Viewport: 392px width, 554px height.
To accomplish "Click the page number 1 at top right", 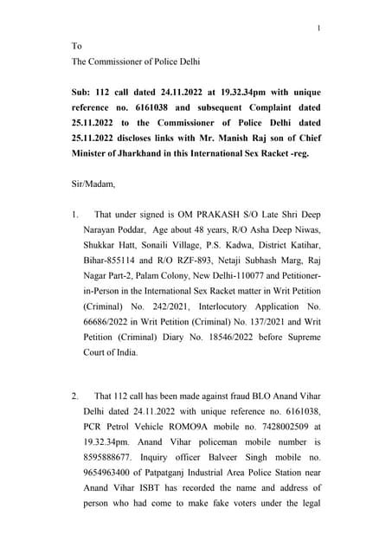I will pos(318,29).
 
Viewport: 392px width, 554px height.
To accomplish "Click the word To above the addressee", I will pos(77,46).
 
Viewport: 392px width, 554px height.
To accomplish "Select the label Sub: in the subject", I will pos(83,91).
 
